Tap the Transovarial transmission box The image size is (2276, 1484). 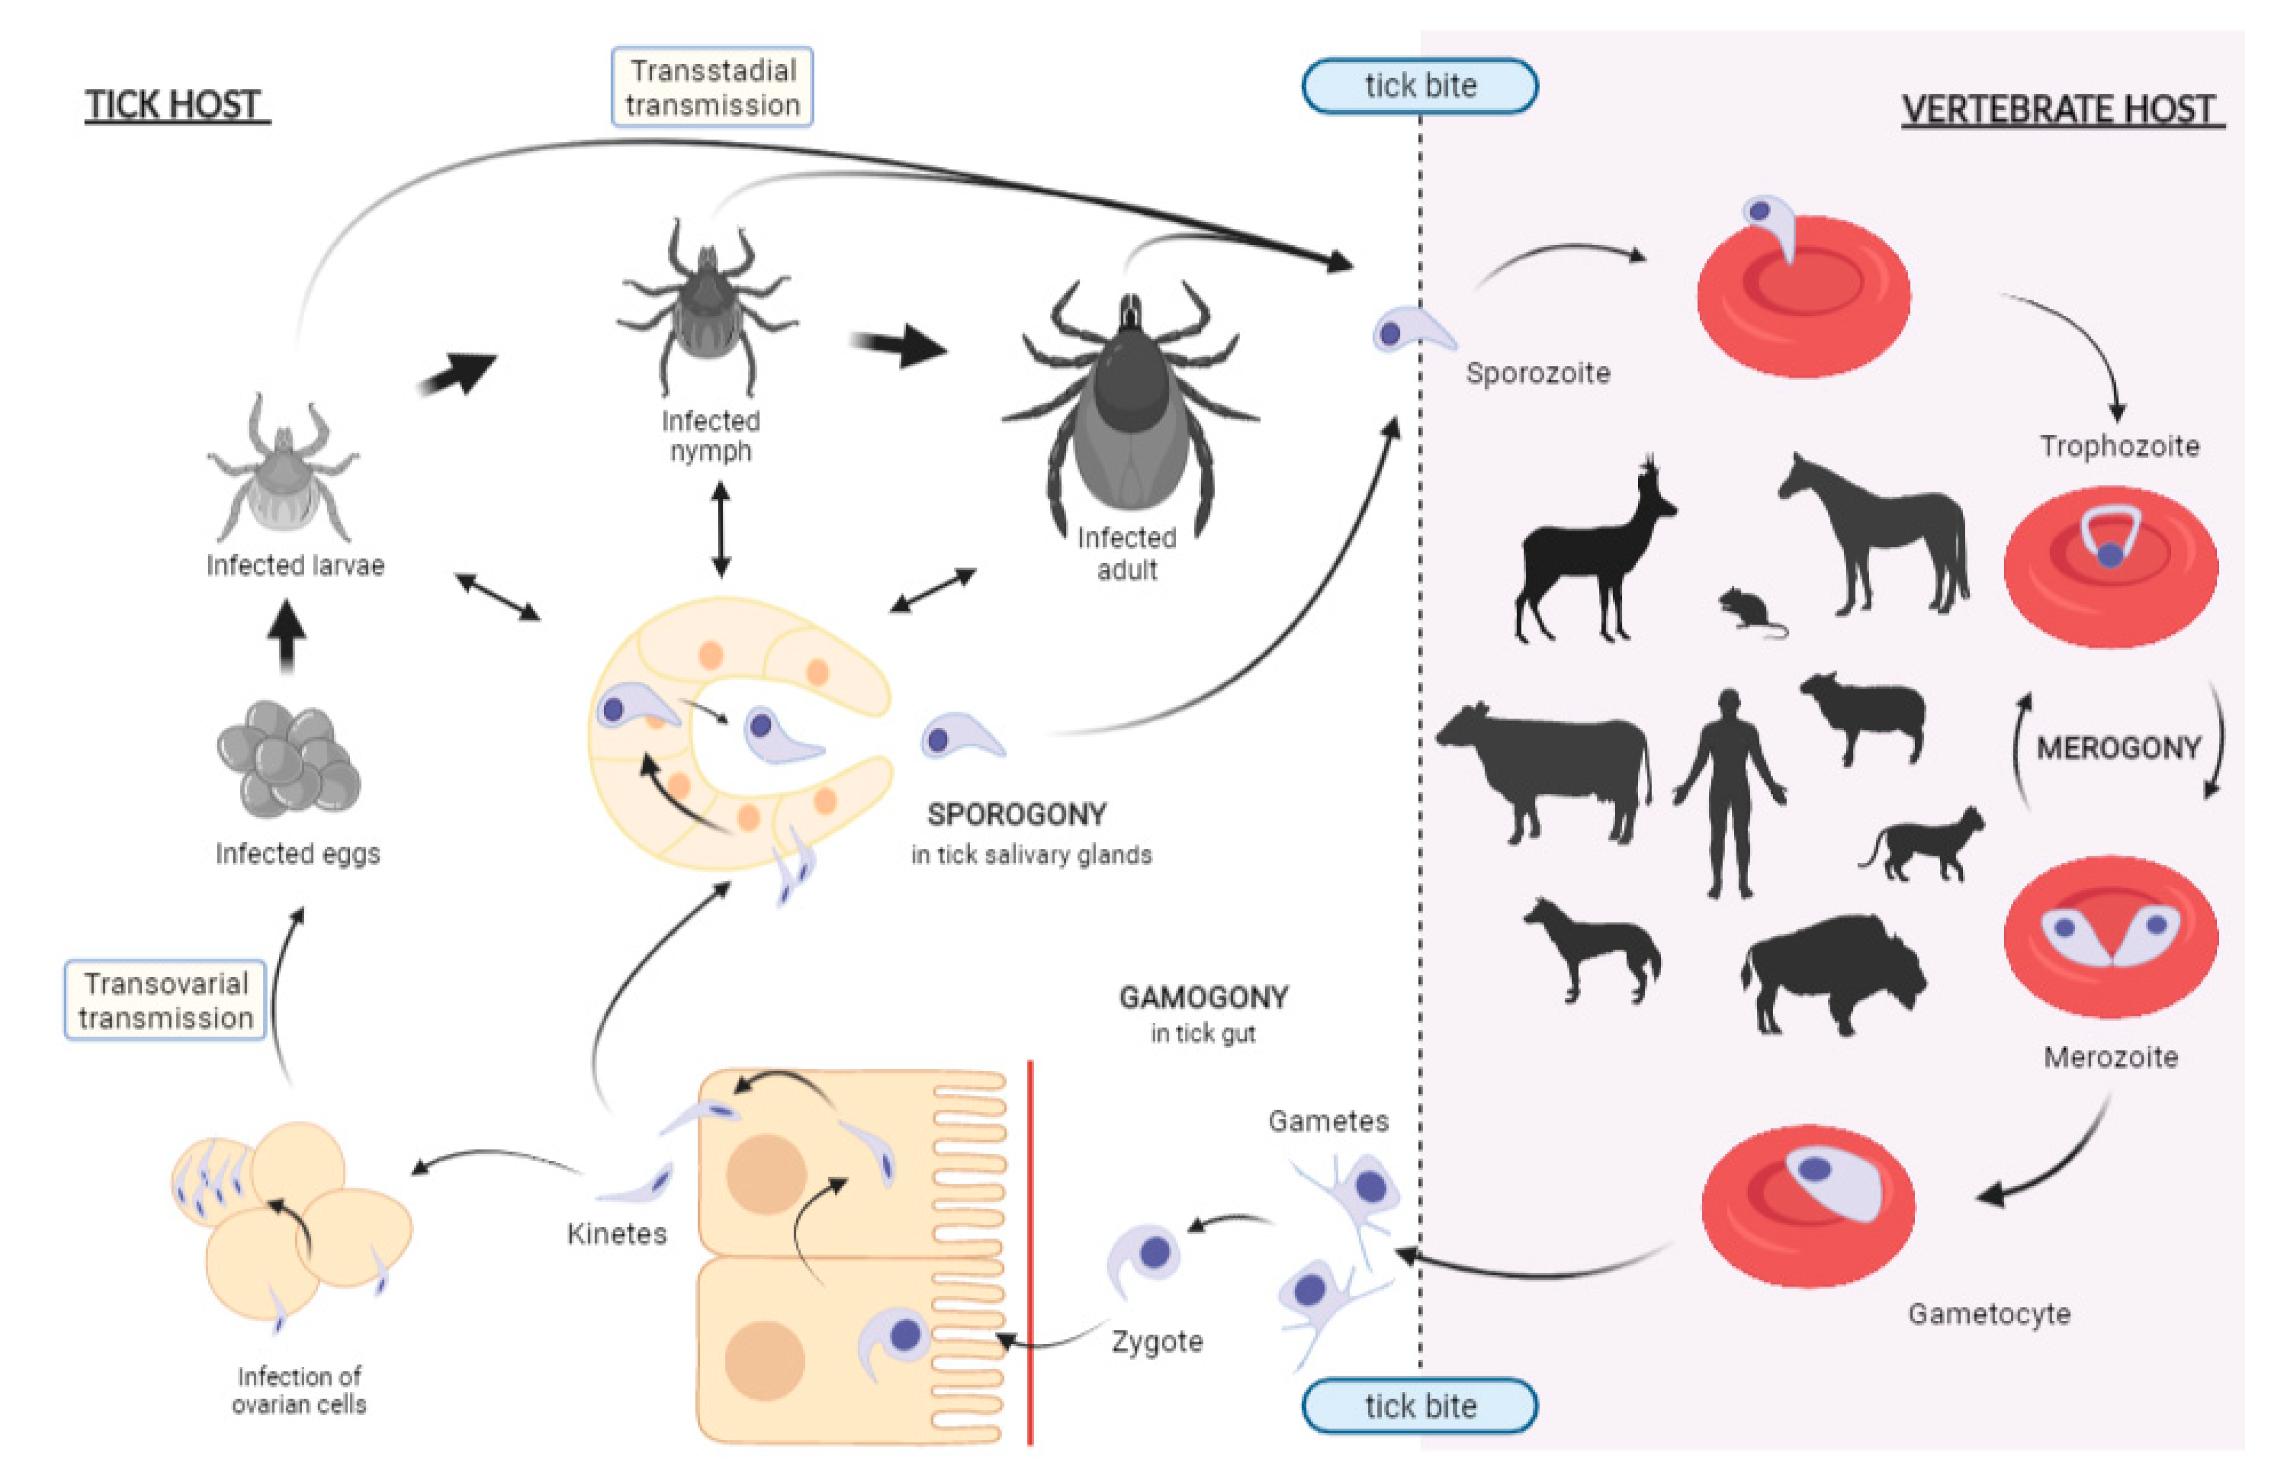click(x=165, y=1000)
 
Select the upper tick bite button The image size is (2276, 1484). click(x=1419, y=86)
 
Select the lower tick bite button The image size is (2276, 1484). click(x=1419, y=1406)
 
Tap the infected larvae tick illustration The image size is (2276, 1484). click(x=282, y=473)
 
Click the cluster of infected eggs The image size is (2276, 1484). click(x=288, y=760)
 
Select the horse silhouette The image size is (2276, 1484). click(x=1874, y=535)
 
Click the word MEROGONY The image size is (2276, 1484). click(x=2118, y=748)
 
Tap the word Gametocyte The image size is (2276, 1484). click(x=1989, y=1314)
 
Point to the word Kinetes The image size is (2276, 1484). click(x=617, y=1233)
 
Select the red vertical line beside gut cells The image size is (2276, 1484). click(x=1030, y=1252)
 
